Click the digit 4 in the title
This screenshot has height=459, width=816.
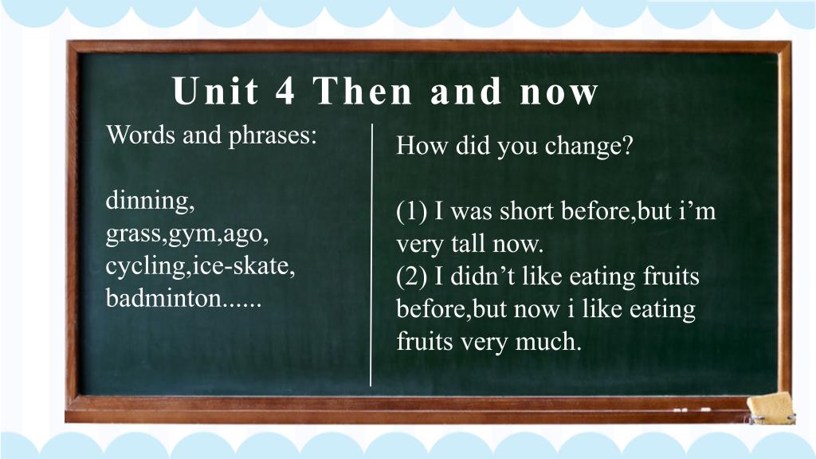[x=285, y=91]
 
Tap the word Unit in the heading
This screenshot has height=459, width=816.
[x=215, y=91]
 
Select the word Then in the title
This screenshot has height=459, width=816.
[x=363, y=91]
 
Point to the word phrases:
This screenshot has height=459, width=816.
[x=273, y=136]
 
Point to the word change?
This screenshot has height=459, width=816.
[x=589, y=147]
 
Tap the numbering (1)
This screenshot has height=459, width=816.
[x=412, y=212]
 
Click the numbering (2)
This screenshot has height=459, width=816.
[x=412, y=277]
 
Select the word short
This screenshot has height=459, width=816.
[x=527, y=211]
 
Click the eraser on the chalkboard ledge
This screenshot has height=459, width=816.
[x=771, y=408]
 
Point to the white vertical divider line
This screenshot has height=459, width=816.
[x=371, y=255]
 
